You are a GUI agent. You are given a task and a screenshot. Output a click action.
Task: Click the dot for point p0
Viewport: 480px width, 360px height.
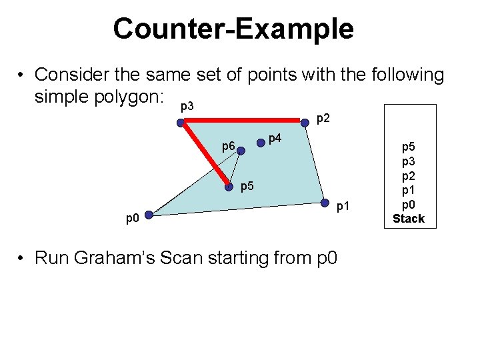click(149, 215)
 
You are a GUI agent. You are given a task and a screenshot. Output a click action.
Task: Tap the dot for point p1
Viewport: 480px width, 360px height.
click(325, 203)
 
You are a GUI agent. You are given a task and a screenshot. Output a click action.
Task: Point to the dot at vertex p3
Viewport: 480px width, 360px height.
click(180, 123)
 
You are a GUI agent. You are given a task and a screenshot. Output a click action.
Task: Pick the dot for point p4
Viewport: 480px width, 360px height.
click(260, 142)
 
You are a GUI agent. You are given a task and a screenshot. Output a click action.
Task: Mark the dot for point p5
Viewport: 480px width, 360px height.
click(229, 187)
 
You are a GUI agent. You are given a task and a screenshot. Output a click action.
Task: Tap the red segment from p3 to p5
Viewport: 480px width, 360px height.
click(204, 155)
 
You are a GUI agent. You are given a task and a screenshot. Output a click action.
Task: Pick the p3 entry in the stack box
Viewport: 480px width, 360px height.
click(408, 162)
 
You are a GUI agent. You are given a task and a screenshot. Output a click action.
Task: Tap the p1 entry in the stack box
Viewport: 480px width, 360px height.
click(408, 190)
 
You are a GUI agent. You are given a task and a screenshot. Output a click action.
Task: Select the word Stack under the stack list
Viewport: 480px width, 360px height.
click(408, 218)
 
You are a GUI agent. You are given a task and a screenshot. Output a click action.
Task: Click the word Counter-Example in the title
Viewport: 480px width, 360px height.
click(233, 29)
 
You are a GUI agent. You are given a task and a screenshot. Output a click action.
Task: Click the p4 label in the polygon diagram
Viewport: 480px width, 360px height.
click(275, 139)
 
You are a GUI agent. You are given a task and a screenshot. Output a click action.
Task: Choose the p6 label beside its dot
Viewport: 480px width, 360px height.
click(228, 146)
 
